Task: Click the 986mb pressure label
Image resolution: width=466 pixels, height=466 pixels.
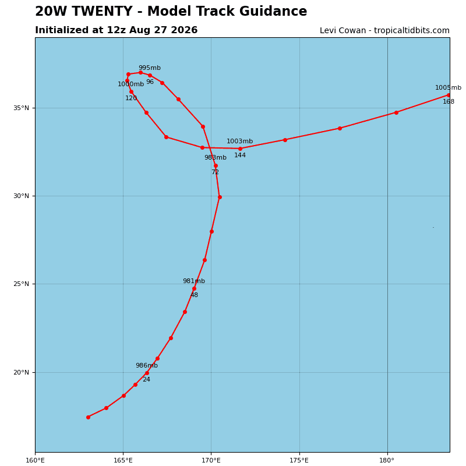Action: [x=147, y=366]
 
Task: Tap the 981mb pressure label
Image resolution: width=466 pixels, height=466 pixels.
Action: [x=194, y=281]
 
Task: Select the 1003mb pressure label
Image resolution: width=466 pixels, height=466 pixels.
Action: [x=239, y=141]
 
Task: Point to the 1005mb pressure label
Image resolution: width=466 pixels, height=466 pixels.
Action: [x=448, y=88]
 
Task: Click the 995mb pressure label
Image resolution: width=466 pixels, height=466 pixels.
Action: [x=150, y=68]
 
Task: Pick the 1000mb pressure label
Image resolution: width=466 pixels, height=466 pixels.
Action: [x=130, y=84]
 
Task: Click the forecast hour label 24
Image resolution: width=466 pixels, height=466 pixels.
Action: [x=147, y=380]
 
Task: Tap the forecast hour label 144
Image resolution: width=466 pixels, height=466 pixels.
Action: [x=240, y=155]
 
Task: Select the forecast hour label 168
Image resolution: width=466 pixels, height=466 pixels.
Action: [x=449, y=101]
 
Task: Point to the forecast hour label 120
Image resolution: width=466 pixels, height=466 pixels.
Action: [x=131, y=98]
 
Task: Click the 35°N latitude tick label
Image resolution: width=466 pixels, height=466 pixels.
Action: [x=21, y=108]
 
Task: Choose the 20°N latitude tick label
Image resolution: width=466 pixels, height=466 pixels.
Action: [x=21, y=372]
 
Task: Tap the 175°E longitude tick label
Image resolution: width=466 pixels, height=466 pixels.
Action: [x=299, y=461]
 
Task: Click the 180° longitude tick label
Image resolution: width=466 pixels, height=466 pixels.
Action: [x=387, y=461]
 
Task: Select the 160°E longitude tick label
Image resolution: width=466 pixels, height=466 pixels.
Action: [x=36, y=461]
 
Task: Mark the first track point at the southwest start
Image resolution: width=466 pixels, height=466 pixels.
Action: [x=89, y=417]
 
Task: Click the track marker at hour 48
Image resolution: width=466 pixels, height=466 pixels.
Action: [x=194, y=288]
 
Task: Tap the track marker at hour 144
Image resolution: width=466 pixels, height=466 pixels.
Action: [x=240, y=149]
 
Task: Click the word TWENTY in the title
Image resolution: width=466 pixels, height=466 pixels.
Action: [x=102, y=11]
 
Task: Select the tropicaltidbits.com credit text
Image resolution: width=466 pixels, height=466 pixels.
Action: [x=412, y=31]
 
